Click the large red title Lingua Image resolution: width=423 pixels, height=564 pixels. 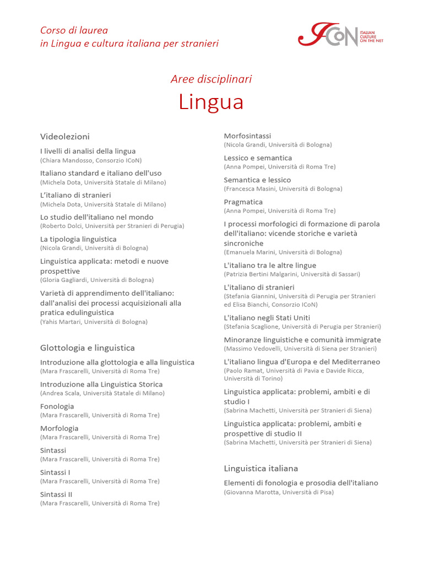coord(211,102)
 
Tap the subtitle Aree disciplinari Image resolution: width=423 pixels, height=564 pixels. coord(211,79)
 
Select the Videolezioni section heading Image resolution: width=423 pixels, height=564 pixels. coord(65,137)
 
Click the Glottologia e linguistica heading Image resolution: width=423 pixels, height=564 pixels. coord(88,348)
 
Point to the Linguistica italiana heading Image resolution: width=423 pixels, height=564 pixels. coord(261,469)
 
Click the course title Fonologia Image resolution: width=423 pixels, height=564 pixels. coord(57,406)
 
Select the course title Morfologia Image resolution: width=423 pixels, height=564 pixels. coord(59,429)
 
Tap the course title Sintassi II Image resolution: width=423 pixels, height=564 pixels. coord(56,495)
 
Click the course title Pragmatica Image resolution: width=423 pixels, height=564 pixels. coord(243,202)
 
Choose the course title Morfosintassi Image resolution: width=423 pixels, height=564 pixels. coord(247,136)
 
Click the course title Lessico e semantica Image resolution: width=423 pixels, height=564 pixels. coord(258,158)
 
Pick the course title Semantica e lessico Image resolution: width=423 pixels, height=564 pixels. coord(257,180)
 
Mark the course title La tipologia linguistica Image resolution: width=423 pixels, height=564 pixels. coord(78,240)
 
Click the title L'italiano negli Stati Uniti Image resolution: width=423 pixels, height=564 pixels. coord(267,318)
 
